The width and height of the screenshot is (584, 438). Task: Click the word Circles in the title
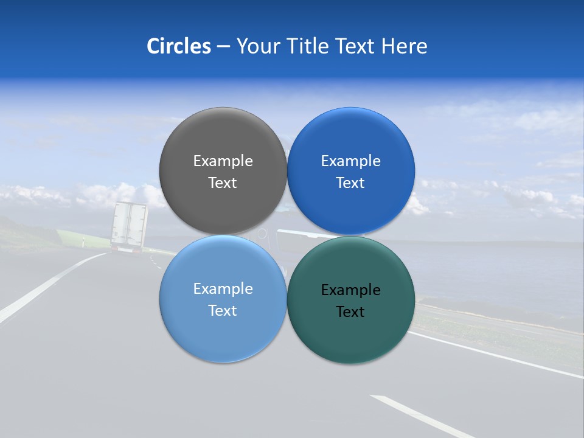point(178,46)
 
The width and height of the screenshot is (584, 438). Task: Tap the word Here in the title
point(404,46)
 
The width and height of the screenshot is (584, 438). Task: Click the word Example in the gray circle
point(223,161)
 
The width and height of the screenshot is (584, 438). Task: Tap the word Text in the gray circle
point(223,183)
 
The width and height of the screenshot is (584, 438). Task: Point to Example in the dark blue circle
point(351,161)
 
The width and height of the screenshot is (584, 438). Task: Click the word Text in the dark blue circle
point(351,183)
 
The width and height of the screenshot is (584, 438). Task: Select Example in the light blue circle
point(223,289)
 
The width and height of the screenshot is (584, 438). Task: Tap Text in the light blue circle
point(223,311)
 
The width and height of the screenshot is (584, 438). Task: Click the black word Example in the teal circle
point(351,290)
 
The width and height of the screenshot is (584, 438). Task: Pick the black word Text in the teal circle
point(350,312)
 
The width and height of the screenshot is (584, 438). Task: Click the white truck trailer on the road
point(129,225)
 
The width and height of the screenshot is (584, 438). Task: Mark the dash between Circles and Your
point(223,47)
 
